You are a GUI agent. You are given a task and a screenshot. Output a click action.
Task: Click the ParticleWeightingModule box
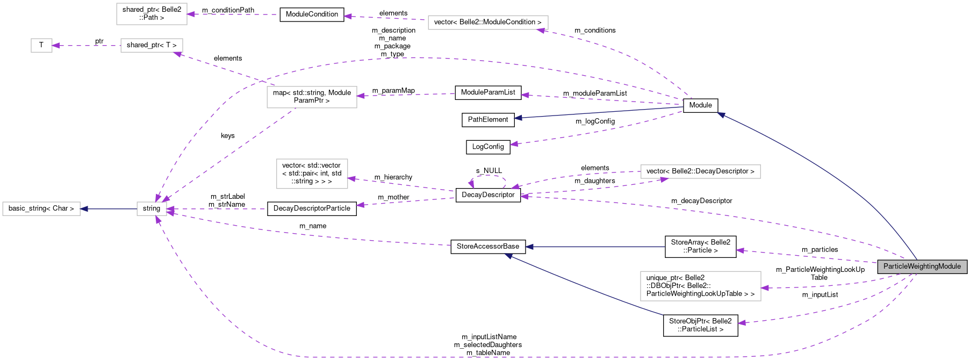(x=922, y=267)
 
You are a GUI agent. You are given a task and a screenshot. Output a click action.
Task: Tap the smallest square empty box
(x=41, y=46)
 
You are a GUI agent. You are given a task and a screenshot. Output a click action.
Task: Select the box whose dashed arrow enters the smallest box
(x=152, y=46)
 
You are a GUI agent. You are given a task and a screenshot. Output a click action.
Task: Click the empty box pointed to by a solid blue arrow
(x=41, y=209)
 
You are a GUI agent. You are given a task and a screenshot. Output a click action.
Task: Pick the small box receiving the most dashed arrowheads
(x=152, y=209)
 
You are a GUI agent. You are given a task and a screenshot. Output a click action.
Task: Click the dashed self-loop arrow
(x=489, y=176)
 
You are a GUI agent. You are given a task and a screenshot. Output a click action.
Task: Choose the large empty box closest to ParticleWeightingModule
(x=700, y=286)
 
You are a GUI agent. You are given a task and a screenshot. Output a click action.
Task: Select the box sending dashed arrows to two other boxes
(x=312, y=97)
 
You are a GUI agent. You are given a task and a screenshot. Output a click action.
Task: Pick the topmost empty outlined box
(x=152, y=14)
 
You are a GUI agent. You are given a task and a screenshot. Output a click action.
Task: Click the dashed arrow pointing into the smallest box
(x=86, y=46)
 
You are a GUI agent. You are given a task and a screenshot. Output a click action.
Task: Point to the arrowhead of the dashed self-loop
(x=471, y=184)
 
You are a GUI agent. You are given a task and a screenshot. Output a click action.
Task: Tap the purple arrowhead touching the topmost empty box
(x=191, y=14)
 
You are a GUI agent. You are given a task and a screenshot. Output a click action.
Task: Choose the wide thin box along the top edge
(x=488, y=23)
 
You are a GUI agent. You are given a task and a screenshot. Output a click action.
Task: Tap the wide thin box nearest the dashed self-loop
(x=700, y=171)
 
